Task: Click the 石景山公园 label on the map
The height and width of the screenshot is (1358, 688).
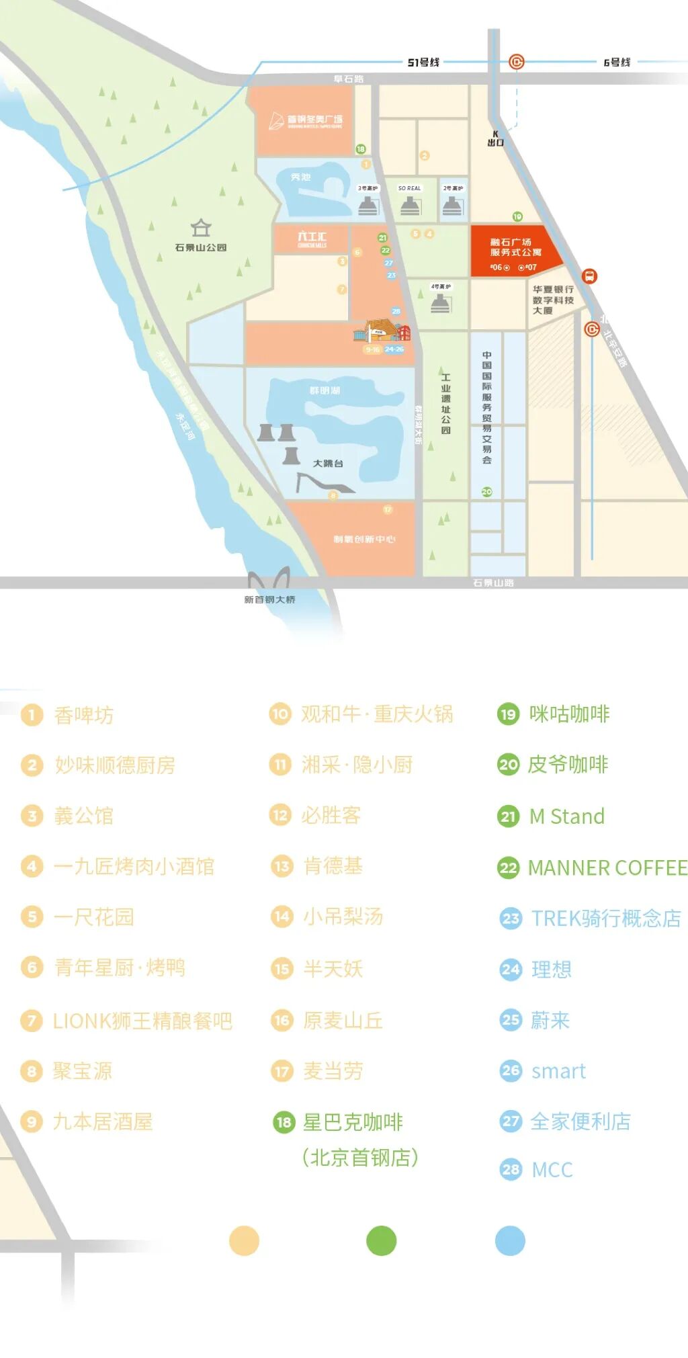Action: pyautogui.click(x=200, y=247)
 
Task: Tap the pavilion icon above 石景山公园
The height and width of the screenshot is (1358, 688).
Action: pyautogui.click(x=201, y=228)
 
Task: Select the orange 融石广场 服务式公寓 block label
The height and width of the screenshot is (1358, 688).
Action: pyautogui.click(x=515, y=247)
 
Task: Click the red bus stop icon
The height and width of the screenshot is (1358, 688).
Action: pyautogui.click(x=589, y=275)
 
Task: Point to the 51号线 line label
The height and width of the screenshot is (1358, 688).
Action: pyautogui.click(x=423, y=62)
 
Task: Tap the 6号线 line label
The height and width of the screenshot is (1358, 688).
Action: pyautogui.click(x=617, y=62)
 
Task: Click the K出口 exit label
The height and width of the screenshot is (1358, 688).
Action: pyautogui.click(x=496, y=138)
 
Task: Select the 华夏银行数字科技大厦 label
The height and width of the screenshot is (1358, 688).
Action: pyautogui.click(x=553, y=300)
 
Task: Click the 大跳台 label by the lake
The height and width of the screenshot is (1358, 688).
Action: pyautogui.click(x=328, y=464)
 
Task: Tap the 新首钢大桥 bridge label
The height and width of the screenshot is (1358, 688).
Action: pyautogui.click(x=269, y=599)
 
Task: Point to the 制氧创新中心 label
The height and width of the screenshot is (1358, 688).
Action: pyautogui.click(x=364, y=539)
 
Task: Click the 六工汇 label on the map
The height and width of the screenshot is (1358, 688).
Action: pyautogui.click(x=312, y=237)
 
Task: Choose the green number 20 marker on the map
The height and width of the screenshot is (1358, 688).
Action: pyautogui.click(x=486, y=492)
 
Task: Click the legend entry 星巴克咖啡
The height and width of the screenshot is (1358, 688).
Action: pyautogui.click(x=353, y=1121)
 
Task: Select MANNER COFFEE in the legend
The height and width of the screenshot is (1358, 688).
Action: pyautogui.click(x=607, y=867)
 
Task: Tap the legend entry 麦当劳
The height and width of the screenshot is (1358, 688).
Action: pyautogui.click(x=333, y=1071)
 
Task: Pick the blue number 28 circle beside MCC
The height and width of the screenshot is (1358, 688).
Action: pyautogui.click(x=511, y=1170)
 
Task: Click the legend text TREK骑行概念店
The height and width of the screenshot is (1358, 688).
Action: pyautogui.click(x=606, y=918)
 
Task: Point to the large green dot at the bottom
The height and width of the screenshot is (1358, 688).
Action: pyautogui.click(x=381, y=1241)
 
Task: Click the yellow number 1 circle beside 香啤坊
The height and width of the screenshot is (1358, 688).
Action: pyautogui.click(x=32, y=715)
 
